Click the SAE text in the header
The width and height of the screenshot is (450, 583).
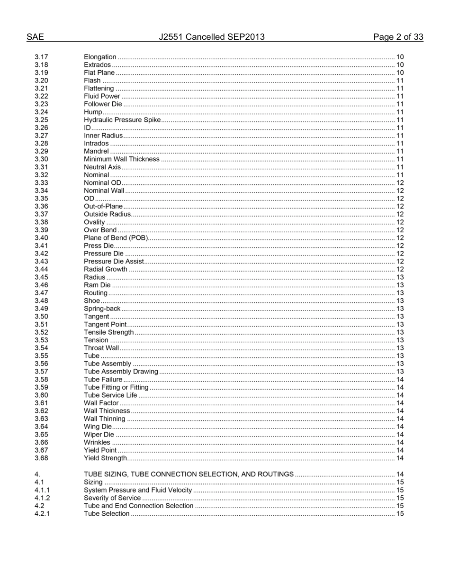[x=35, y=37]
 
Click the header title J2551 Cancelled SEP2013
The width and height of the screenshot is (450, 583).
[x=211, y=37]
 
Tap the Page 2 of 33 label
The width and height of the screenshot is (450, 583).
[x=398, y=37]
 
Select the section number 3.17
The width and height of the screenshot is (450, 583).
[x=41, y=57]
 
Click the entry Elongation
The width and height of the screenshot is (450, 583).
[x=100, y=57]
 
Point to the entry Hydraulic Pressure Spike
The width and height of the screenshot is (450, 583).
[x=122, y=120]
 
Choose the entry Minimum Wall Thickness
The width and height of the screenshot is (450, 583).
[x=122, y=159]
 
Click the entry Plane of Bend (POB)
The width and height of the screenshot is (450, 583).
[x=116, y=238]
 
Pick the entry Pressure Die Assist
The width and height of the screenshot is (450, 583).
[x=114, y=262]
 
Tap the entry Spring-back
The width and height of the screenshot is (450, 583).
[x=102, y=309]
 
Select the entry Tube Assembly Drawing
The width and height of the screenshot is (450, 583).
[x=121, y=372]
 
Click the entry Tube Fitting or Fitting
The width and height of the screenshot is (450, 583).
[x=116, y=387]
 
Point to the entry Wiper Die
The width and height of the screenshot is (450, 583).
[x=99, y=435]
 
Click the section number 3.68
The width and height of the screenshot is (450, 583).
[x=41, y=458]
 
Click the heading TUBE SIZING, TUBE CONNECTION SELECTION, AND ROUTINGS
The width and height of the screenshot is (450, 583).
[x=189, y=474]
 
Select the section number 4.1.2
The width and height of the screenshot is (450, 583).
[x=42, y=498]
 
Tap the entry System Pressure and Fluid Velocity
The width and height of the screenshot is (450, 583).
[x=138, y=490]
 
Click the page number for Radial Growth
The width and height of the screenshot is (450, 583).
[x=400, y=269]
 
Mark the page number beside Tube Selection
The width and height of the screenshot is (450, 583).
[x=400, y=514]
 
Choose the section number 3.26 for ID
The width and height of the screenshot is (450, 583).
[x=41, y=128]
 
